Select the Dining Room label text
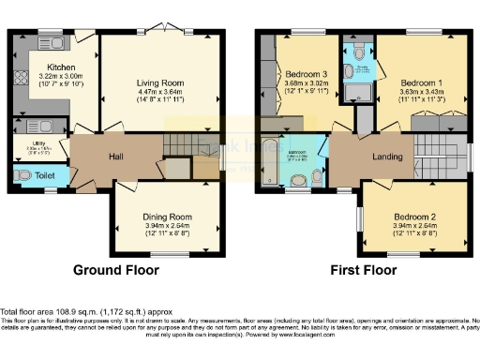(160, 216)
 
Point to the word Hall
(115, 157)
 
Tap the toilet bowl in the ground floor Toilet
(22, 174)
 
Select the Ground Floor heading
(116, 270)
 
